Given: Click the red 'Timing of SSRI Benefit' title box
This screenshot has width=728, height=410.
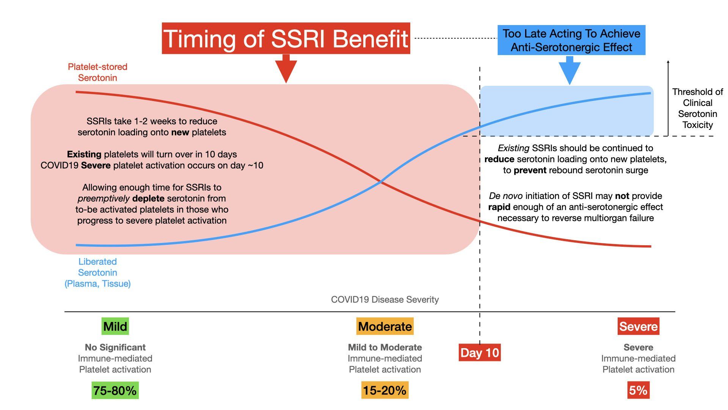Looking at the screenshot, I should [286, 38].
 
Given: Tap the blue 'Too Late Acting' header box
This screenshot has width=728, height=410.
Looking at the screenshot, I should [571, 40].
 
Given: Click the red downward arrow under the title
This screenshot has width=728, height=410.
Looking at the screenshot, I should [286, 69].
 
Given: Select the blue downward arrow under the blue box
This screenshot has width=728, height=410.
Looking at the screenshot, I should [570, 71].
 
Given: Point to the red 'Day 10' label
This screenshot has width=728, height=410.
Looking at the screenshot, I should [480, 352].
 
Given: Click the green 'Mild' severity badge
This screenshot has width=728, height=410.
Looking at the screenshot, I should [115, 326].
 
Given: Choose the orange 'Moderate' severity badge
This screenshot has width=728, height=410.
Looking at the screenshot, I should [385, 326].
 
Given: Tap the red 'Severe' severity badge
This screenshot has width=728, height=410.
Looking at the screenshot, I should [639, 326].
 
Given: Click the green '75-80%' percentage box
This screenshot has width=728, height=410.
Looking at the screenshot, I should [115, 390].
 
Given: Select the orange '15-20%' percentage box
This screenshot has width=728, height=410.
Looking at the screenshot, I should [385, 390].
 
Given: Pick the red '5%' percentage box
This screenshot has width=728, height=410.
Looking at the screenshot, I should [639, 390].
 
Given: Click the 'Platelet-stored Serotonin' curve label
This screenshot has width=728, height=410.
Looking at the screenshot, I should [97, 72].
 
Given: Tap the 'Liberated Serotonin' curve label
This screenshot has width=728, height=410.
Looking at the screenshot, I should [97, 272].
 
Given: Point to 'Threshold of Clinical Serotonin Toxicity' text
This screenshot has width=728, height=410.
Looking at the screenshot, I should [697, 108].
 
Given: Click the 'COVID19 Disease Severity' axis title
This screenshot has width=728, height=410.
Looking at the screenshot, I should [385, 300].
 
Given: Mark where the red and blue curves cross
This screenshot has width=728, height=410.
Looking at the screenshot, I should [381, 183].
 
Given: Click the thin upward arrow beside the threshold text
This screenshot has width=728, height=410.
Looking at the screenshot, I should [668, 97].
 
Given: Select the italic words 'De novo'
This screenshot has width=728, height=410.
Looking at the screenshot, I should [505, 196].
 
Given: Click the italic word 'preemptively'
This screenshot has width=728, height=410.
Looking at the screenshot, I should [104, 199].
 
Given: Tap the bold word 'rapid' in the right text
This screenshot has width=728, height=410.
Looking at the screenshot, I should [499, 207].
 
